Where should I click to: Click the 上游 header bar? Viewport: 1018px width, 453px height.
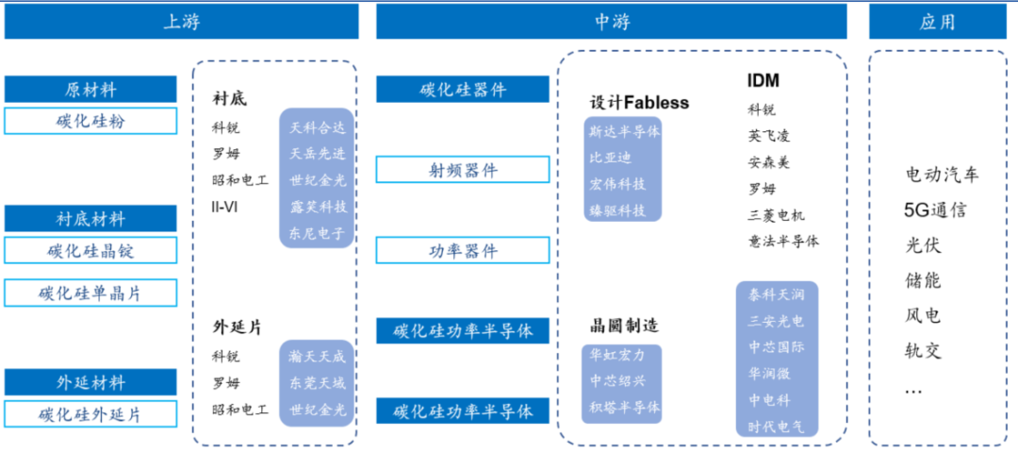click(181, 21)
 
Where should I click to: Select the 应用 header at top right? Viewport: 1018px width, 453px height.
click(937, 21)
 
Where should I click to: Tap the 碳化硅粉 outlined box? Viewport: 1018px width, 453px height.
click(90, 122)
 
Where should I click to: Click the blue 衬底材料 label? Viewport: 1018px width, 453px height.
click(90, 219)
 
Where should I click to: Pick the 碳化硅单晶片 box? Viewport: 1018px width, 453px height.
click(90, 293)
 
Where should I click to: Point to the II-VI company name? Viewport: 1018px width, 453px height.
click(225, 206)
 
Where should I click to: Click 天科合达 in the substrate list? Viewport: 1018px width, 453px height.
click(318, 126)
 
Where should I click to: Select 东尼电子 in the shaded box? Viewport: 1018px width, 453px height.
click(318, 233)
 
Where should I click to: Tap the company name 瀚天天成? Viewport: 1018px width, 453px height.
click(318, 357)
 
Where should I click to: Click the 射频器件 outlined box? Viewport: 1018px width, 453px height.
click(463, 170)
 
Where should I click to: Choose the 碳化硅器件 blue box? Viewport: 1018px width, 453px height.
click(463, 90)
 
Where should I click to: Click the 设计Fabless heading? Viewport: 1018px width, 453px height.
click(640, 103)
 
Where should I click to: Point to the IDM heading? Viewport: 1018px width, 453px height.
click(763, 81)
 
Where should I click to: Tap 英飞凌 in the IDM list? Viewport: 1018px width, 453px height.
click(769, 136)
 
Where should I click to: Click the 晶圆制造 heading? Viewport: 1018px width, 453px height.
click(624, 327)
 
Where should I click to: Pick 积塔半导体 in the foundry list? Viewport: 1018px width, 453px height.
click(624, 408)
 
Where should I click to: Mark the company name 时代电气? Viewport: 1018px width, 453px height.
click(777, 426)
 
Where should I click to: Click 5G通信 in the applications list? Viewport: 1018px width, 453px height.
click(935, 210)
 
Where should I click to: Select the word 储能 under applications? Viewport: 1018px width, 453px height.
click(923, 280)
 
